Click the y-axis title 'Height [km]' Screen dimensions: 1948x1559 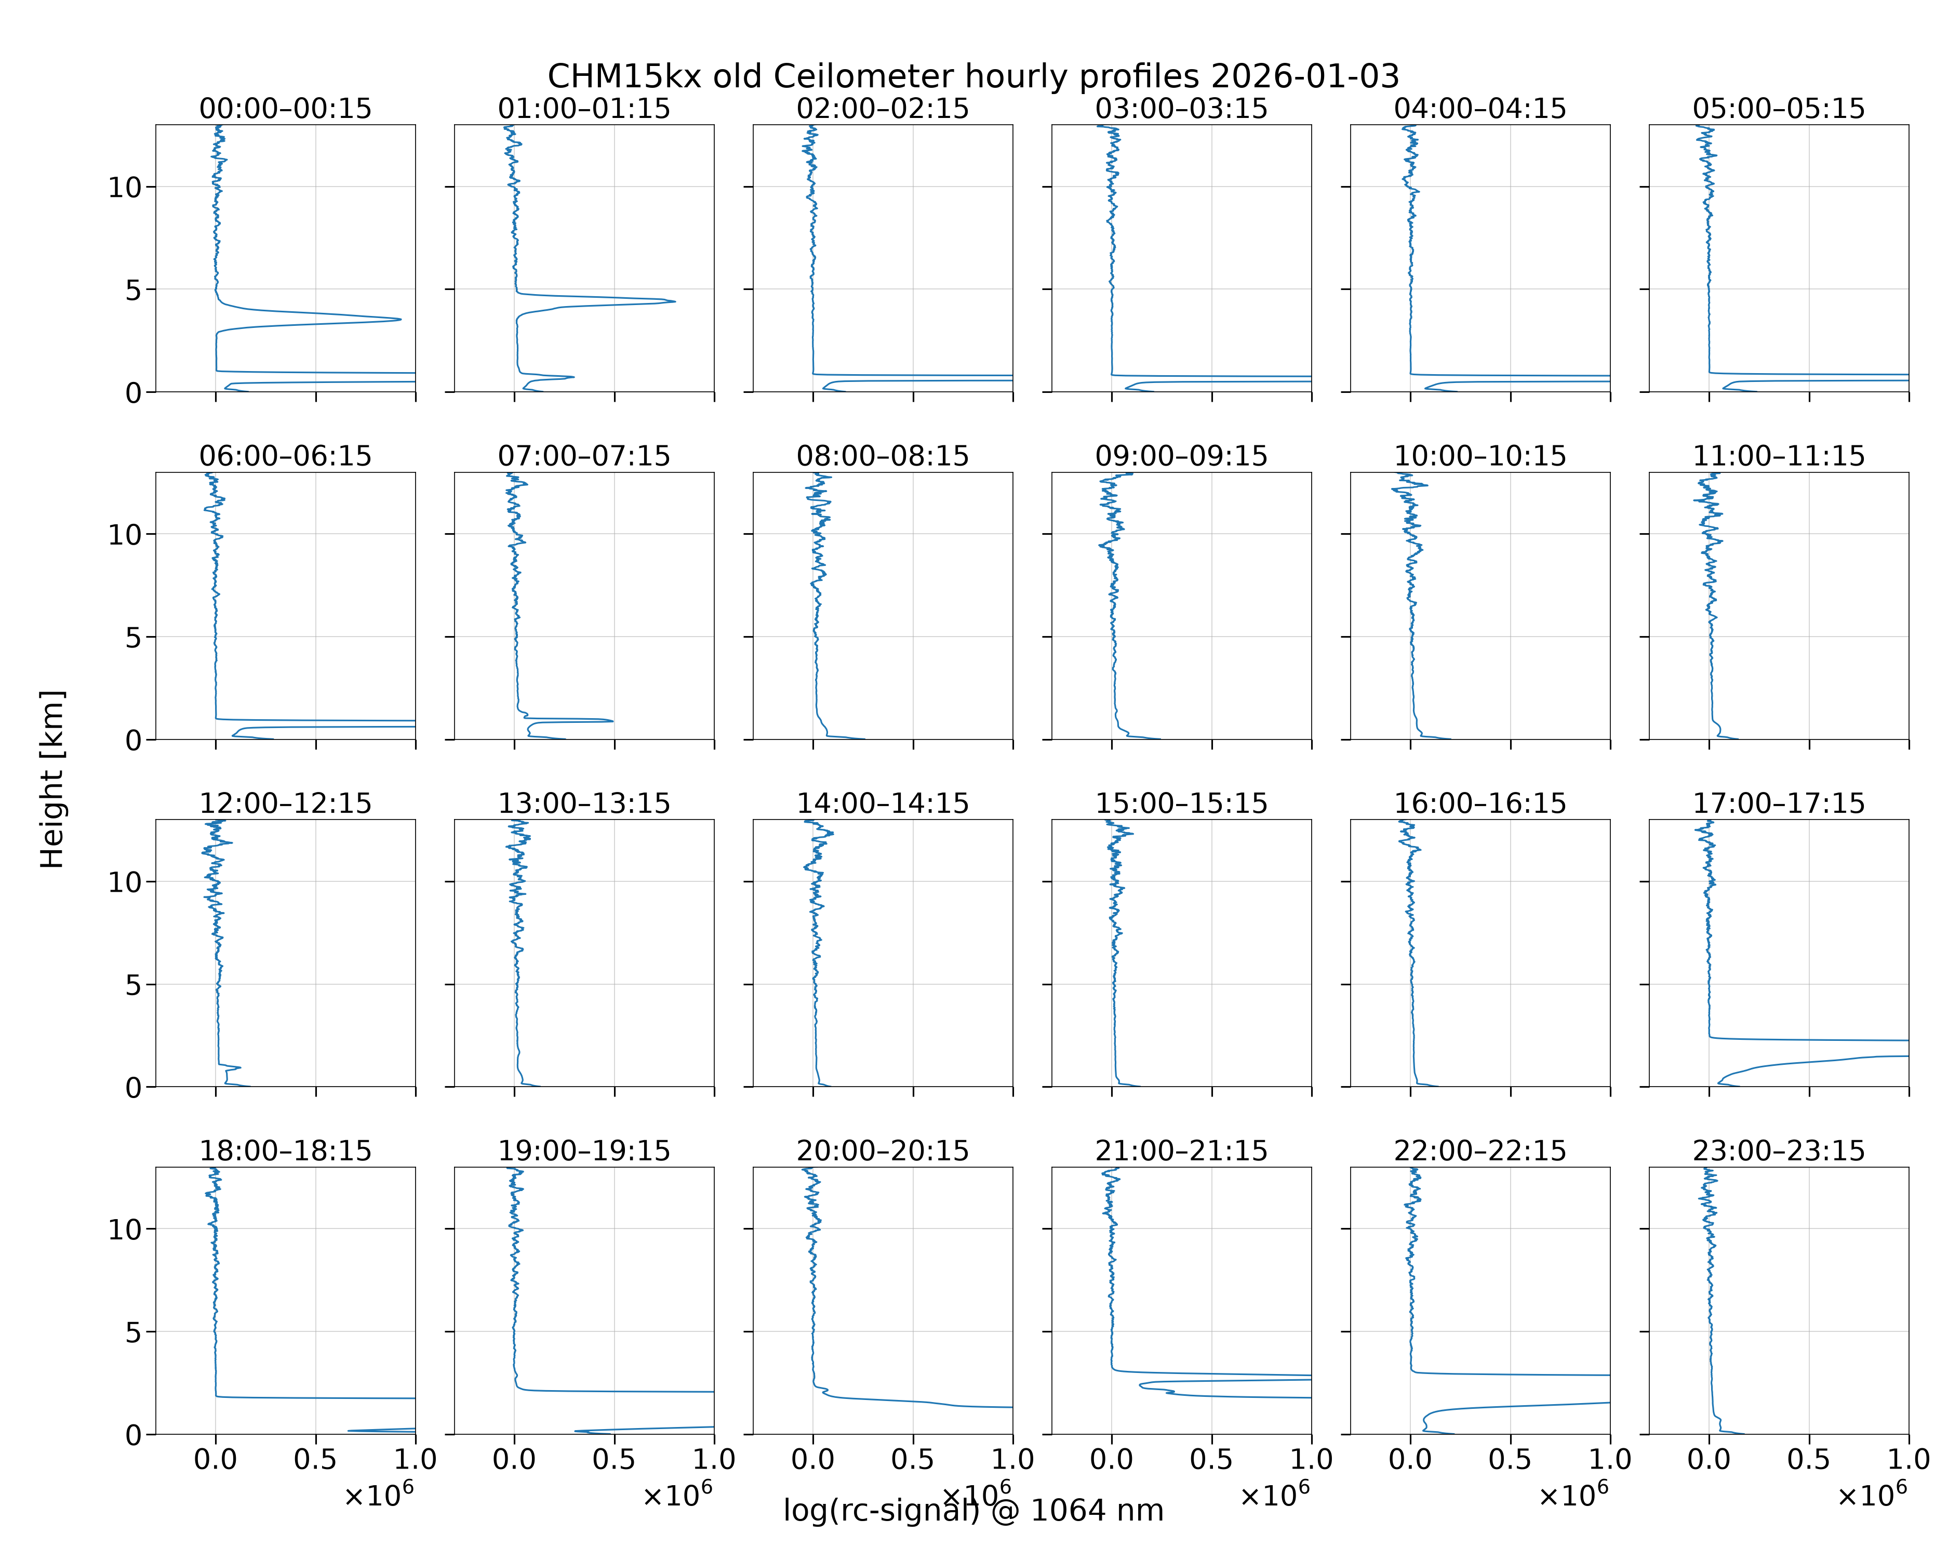pyautogui.click(x=52, y=779)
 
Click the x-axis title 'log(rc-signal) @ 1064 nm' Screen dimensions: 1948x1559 pyautogui.click(x=973, y=1510)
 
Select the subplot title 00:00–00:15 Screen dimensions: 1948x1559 pyautogui.click(x=286, y=109)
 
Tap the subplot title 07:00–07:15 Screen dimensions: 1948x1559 pyautogui.click(x=584, y=456)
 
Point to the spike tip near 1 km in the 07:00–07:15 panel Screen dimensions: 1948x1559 pyautogui.click(x=612, y=720)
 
